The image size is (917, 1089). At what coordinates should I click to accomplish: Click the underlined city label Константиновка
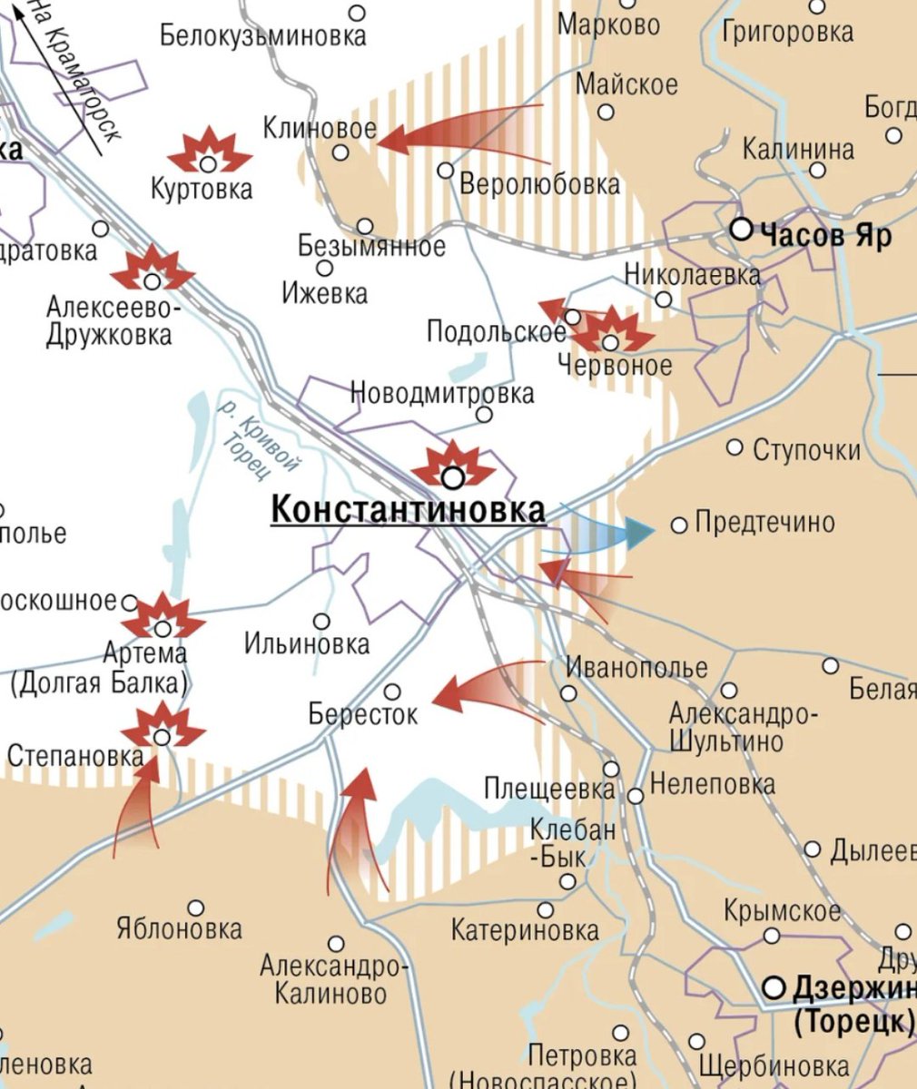pyautogui.click(x=409, y=510)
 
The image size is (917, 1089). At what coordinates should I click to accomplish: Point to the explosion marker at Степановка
pyautogui.click(x=163, y=726)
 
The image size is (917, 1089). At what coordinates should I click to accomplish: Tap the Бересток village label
pyautogui.click(x=363, y=714)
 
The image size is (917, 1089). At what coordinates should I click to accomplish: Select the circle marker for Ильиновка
pyautogui.click(x=321, y=622)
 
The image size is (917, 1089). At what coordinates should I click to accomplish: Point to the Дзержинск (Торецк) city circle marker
pyautogui.click(x=774, y=987)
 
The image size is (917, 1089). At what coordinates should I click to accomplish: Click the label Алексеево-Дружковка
pyautogui.click(x=109, y=321)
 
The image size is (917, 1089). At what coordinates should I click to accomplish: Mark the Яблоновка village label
pyautogui.click(x=180, y=929)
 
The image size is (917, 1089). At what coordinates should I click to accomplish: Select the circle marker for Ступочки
pyautogui.click(x=735, y=447)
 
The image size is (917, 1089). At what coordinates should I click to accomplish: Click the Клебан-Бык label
pyautogui.click(x=573, y=842)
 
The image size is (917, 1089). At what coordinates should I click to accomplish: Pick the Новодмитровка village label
pyautogui.click(x=442, y=394)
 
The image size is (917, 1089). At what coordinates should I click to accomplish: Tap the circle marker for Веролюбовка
pyautogui.click(x=446, y=170)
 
